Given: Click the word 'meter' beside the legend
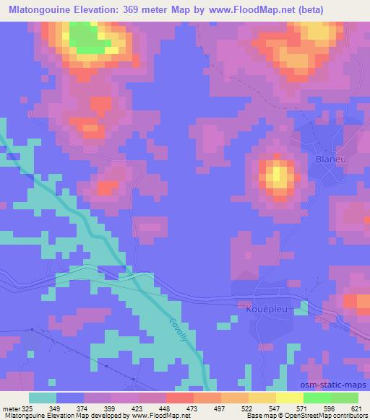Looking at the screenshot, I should pyautogui.click(x=14, y=408).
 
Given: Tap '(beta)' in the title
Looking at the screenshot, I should pyautogui.click(x=305, y=9).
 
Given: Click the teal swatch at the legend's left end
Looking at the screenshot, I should pyautogui.click(x=43, y=398).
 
